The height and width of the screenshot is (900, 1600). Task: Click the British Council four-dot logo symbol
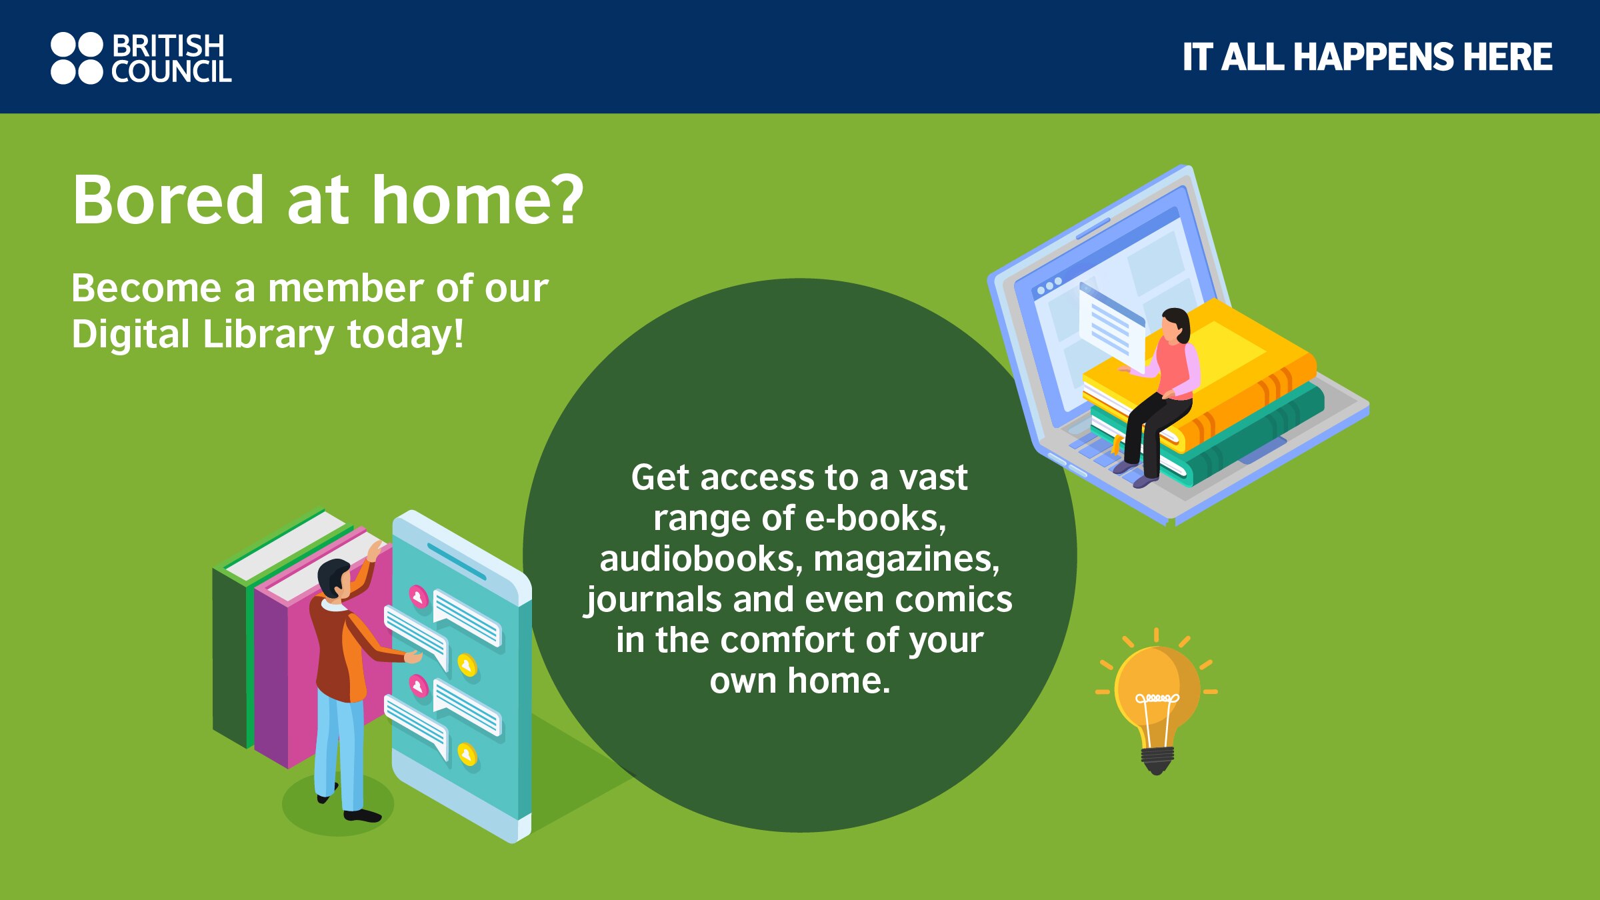[x=77, y=58]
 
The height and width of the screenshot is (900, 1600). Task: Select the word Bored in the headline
[x=169, y=199]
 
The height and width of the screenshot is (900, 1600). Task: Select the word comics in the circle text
[x=953, y=599]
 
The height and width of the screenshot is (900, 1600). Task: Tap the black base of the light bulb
[x=1157, y=760]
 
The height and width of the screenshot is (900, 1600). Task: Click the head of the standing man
[x=333, y=577]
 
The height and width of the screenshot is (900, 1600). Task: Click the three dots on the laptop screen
[x=1049, y=286]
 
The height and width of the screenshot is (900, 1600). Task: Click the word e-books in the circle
[x=875, y=519]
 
